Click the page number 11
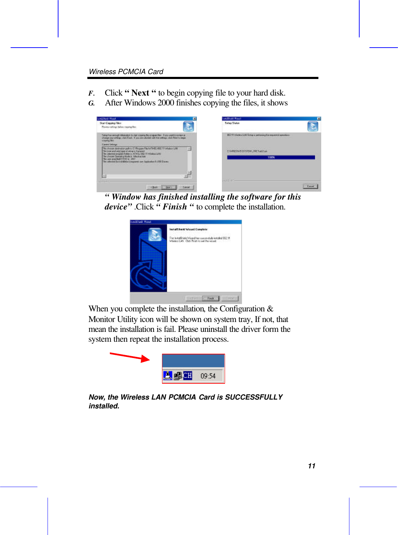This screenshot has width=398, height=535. pyautogui.click(x=311, y=466)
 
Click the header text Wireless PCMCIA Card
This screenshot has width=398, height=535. pyautogui.click(x=126, y=72)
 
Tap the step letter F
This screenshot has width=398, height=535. pyautogui.click(x=91, y=93)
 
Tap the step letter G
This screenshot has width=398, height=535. pyautogui.click(x=91, y=103)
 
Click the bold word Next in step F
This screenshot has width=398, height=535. pyautogui.click(x=140, y=93)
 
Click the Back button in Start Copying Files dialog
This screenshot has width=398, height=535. pyautogui.click(x=154, y=187)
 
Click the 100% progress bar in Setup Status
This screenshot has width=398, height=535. pyautogui.click(x=271, y=157)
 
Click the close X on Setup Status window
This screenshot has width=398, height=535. pyautogui.click(x=319, y=118)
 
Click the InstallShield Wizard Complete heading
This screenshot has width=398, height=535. pyautogui.click(x=188, y=229)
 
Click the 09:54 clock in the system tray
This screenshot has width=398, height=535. pyautogui.click(x=208, y=376)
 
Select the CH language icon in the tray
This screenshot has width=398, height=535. pyautogui.click(x=188, y=376)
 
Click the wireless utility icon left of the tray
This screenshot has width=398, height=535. pyautogui.click(x=168, y=376)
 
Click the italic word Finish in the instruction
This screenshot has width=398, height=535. pyautogui.click(x=175, y=207)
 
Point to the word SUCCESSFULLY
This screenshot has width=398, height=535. pyautogui.click(x=254, y=397)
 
